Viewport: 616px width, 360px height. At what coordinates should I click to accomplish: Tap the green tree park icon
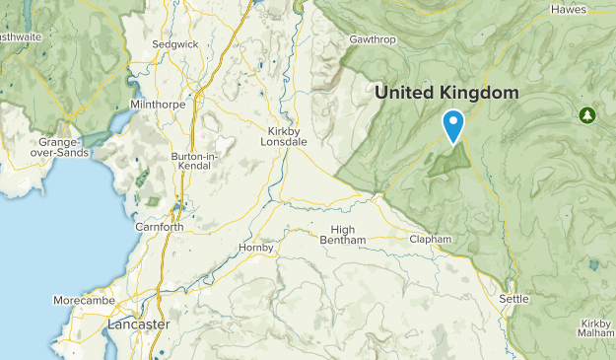587,115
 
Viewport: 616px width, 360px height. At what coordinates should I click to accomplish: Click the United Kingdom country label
446,92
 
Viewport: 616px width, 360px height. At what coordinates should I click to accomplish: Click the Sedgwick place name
174,44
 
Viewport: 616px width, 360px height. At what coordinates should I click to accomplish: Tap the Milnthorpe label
155,104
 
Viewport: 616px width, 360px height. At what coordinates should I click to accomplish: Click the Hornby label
255,248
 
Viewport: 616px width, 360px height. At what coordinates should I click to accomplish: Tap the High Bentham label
342,235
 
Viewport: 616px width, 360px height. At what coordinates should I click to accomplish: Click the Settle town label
513,298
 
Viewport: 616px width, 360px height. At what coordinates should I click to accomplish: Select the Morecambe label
84,300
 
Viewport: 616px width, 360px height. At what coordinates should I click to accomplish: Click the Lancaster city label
138,324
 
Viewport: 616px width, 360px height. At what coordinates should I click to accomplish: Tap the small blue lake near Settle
592,264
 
